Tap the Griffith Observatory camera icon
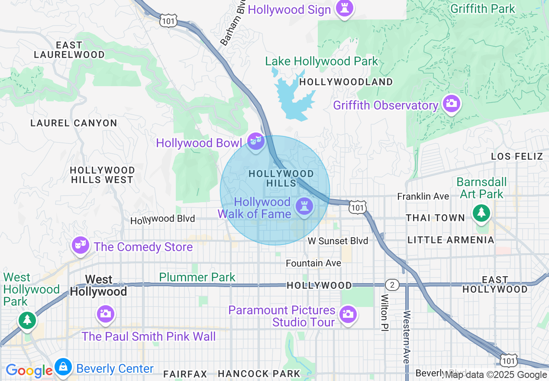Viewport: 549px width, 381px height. pos(451,103)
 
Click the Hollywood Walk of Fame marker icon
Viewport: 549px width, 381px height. pos(304,207)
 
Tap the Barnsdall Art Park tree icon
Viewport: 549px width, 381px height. pos(481,213)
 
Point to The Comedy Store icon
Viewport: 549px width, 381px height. pos(81,245)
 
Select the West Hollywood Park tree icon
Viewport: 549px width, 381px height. pos(27,320)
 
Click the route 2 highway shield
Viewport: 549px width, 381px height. pos(392,284)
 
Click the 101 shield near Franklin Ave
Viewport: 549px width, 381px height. pos(358,207)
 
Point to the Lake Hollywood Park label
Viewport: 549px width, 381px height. pos(322,61)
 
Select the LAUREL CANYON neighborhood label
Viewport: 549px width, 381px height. pos(74,123)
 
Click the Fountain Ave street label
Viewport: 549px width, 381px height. pos(313,263)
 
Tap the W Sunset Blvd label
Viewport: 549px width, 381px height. pos(338,241)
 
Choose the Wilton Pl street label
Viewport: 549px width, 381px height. pos(384,312)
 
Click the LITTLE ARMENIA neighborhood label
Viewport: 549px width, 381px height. pos(451,240)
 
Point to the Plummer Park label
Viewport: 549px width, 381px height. pos(197,277)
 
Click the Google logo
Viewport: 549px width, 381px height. pos(29,371)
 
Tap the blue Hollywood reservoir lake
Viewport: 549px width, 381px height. pos(294,97)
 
